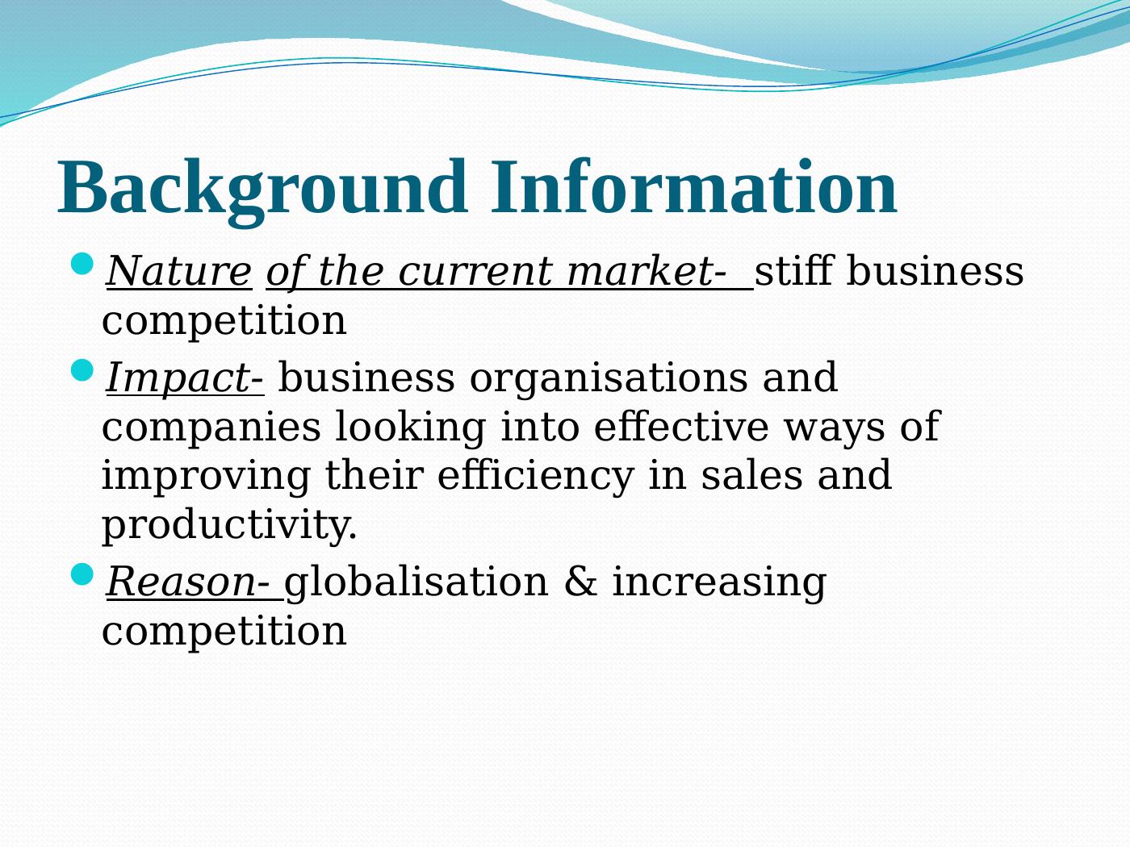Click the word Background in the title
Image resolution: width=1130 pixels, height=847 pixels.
262,191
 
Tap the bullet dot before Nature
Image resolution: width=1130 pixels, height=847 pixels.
82,264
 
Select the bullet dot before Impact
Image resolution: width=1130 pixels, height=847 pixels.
82,370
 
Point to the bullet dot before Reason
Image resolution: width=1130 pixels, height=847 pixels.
82,574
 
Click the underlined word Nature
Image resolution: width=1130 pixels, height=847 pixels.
178,271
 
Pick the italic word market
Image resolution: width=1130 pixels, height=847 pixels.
640,271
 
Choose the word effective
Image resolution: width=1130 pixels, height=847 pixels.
681,426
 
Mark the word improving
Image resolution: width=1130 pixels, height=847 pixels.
206,477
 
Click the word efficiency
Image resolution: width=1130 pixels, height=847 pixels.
535,477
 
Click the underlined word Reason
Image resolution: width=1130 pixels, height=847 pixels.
181,582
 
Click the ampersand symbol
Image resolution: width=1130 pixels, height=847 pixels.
580,582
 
